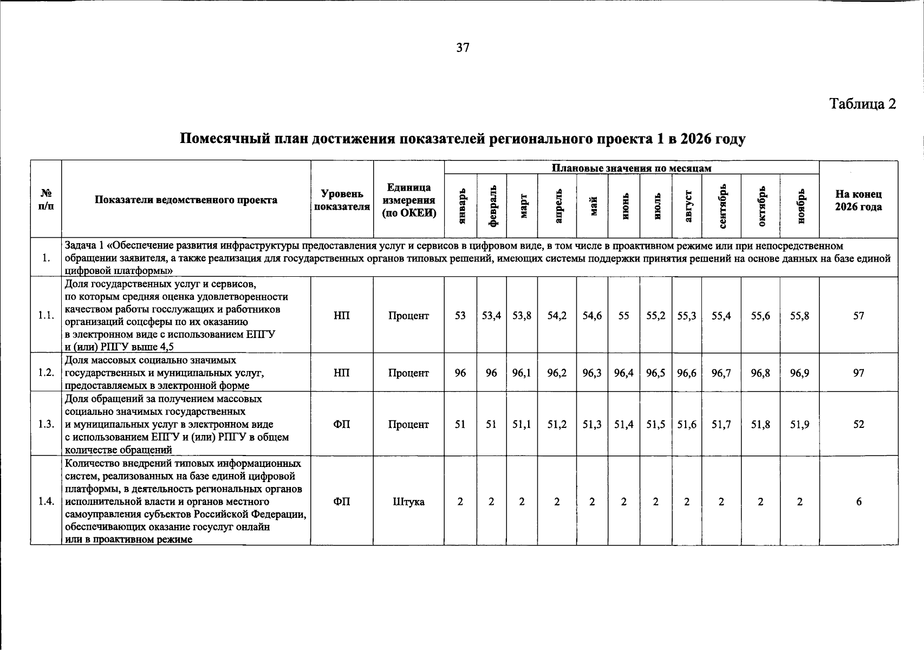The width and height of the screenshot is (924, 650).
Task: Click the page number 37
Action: click(x=463, y=48)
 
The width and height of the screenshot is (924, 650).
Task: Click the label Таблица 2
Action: click(x=863, y=103)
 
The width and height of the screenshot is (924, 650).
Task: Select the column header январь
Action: click(x=461, y=206)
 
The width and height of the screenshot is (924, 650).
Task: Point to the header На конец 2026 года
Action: click(x=858, y=200)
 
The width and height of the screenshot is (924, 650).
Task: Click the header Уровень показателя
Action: click(x=342, y=200)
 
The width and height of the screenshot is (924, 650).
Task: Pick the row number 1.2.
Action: click(x=46, y=373)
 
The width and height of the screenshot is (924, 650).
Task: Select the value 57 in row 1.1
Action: click(x=858, y=315)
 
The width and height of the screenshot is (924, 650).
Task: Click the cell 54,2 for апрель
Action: click(x=557, y=315)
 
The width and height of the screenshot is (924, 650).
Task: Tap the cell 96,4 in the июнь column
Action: click(x=624, y=373)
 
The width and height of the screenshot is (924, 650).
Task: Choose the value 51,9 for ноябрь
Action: click(x=799, y=425)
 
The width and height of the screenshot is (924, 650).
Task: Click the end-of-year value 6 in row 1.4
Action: click(x=858, y=502)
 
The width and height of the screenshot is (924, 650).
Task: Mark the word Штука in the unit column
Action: click(x=408, y=502)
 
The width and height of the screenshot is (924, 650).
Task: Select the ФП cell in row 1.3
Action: click(x=342, y=425)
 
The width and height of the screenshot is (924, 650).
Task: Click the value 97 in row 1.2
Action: click(x=858, y=373)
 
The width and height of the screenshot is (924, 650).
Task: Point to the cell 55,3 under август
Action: click(x=686, y=315)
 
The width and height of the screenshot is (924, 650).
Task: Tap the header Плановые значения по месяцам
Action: click(x=631, y=168)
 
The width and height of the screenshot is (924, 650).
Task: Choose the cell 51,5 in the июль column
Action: click(x=655, y=425)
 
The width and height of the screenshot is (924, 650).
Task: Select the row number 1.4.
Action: click(x=46, y=502)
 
